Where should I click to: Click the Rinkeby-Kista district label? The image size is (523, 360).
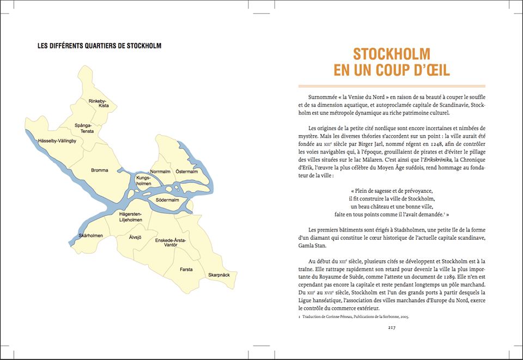point(99,103)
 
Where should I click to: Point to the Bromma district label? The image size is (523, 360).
point(100,170)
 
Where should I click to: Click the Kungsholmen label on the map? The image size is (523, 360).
point(144,181)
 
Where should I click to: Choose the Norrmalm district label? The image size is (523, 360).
point(160,172)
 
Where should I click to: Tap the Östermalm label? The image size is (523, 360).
point(187,172)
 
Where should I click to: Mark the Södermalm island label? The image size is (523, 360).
point(168,200)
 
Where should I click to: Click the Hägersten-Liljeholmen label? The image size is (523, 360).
point(131,217)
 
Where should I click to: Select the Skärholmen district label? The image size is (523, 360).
point(91,235)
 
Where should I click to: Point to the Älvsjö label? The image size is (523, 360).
point(135,237)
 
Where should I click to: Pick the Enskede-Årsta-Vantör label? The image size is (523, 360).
point(171,243)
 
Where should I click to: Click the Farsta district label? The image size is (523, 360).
point(186,269)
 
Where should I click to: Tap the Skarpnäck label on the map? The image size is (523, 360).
point(218,276)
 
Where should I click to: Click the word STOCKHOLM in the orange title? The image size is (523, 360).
point(392,54)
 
